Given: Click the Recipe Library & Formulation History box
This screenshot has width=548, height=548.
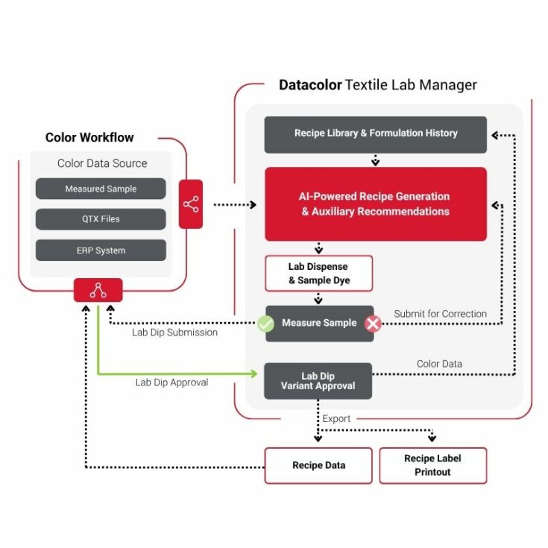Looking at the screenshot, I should pyautogui.click(x=375, y=134).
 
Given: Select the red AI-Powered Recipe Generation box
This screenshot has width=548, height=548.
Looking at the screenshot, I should pyautogui.click(x=375, y=204).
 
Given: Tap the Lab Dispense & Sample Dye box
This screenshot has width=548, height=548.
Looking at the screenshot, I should pyautogui.click(x=318, y=274).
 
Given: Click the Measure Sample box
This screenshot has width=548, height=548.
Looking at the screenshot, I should pyautogui.click(x=319, y=324).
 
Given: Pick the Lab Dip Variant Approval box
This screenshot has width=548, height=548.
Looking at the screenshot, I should pyautogui.click(x=318, y=381).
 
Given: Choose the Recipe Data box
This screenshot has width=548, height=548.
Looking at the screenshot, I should pyautogui.click(x=318, y=465).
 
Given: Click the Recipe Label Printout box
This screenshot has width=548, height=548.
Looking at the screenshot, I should pyautogui.click(x=432, y=465).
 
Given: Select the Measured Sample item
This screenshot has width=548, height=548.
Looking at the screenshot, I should pyautogui.click(x=101, y=189).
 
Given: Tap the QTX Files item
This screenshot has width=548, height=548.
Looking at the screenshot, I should pyautogui.click(x=101, y=219).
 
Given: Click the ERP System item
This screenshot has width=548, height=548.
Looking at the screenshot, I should pyautogui.click(x=101, y=251).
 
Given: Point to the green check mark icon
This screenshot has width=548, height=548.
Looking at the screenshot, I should pyautogui.click(x=265, y=324).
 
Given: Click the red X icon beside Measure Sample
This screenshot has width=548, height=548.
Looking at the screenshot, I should pyautogui.click(x=372, y=324).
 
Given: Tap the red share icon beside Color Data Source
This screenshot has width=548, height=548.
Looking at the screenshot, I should pyautogui.click(x=191, y=204).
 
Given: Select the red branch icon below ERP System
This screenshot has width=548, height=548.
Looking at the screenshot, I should pyautogui.click(x=98, y=290).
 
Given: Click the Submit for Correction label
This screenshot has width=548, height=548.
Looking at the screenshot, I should pyautogui.click(x=440, y=314).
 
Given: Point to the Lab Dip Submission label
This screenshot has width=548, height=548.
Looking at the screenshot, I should pyautogui.click(x=174, y=333).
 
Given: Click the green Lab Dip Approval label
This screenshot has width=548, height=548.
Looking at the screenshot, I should pyautogui.click(x=171, y=382).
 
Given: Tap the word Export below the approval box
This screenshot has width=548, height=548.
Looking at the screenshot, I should pyautogui.click(x=336, y=419).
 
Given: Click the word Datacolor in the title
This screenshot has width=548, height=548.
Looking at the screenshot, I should pyautogui.click(x=309, y=85).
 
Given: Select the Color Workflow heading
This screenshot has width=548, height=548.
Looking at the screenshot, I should pyautogui.click(x=89, y=137).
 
